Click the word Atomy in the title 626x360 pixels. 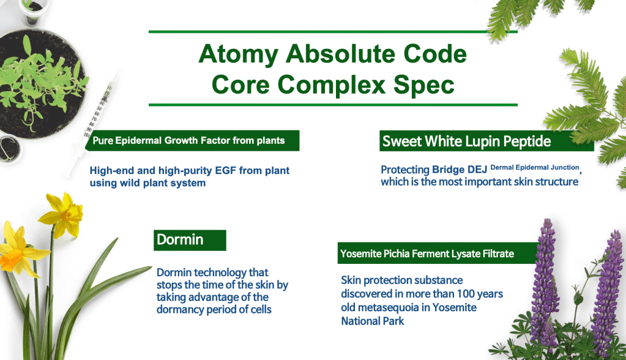click(238, 54)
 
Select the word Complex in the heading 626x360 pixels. click(332, 86)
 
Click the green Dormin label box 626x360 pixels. click(190, 240)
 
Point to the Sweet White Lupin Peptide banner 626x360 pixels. click(486, 141)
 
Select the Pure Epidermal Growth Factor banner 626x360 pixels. click(192, 141)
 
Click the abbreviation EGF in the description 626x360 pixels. click(226, 171)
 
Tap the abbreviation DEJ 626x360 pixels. click(477, 170)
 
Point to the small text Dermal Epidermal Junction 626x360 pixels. click(535, 167)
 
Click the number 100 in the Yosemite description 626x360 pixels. click(466, 294)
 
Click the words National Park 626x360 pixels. click(373, 321)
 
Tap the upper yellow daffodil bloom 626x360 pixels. click(62, 213)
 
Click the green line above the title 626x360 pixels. click(333, 32)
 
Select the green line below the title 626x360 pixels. click(333, 105)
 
